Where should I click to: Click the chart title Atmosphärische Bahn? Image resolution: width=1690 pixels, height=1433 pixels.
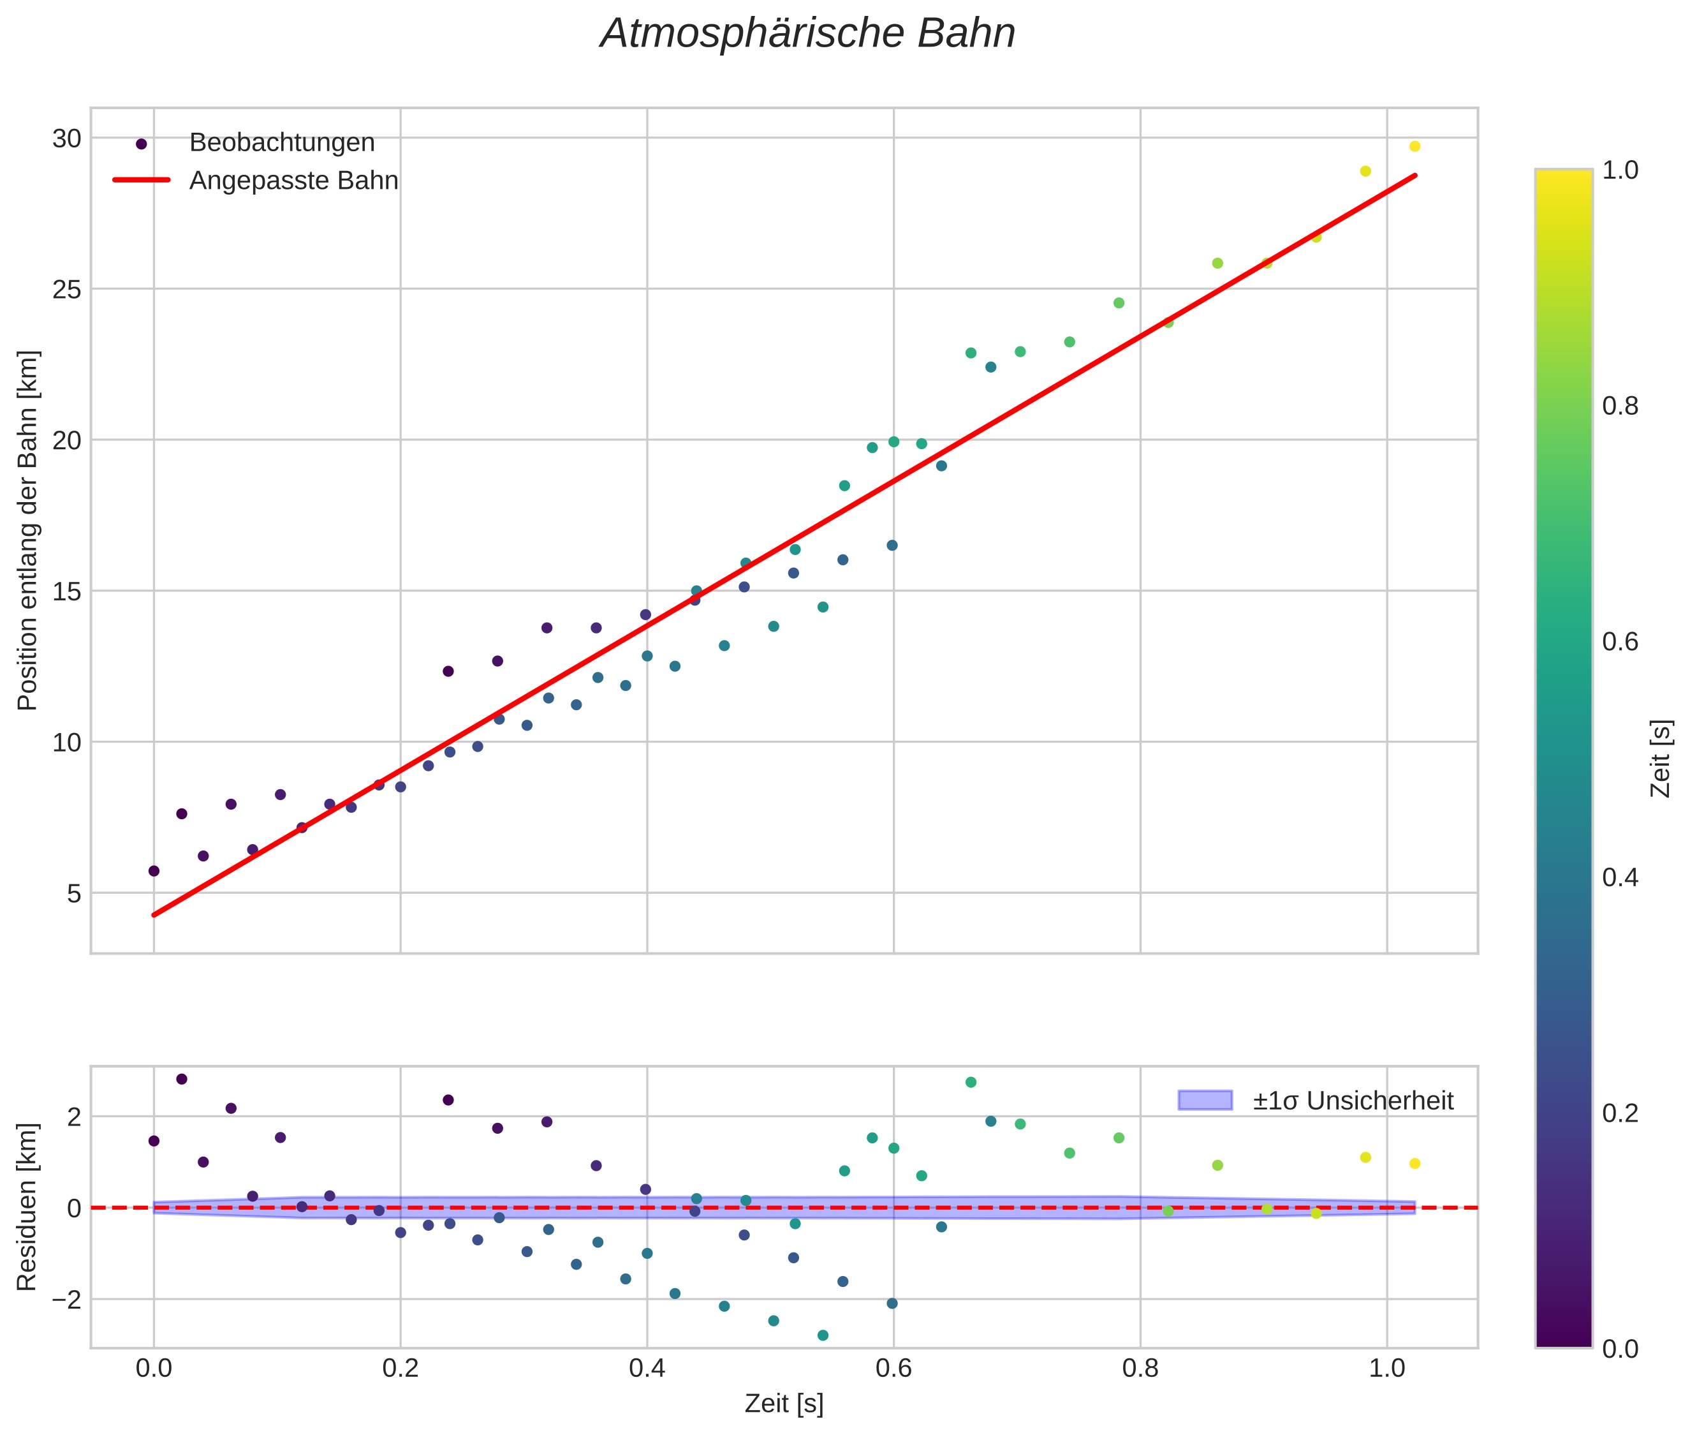[807, 34]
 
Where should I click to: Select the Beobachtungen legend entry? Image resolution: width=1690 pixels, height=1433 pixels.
[281, 143]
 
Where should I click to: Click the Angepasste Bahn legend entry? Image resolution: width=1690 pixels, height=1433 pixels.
[293, 181]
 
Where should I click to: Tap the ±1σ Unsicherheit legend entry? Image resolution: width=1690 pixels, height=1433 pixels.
[1352, 1101]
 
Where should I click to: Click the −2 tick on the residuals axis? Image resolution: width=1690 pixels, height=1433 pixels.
[63, 1299]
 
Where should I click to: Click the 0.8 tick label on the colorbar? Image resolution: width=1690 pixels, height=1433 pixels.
[1620, 406]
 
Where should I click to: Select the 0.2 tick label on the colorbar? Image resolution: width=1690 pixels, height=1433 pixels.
[1620, 1113]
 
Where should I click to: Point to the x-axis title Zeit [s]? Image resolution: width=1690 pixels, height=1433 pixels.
[784, 1404]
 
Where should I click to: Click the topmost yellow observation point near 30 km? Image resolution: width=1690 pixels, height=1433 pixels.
[1414, 146]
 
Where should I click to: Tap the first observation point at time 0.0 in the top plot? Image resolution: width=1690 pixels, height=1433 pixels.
[154, 871]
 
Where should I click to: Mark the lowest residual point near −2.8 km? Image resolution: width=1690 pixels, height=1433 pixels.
[823, 1335]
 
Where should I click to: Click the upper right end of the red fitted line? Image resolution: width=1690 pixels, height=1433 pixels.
[1414, 176]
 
